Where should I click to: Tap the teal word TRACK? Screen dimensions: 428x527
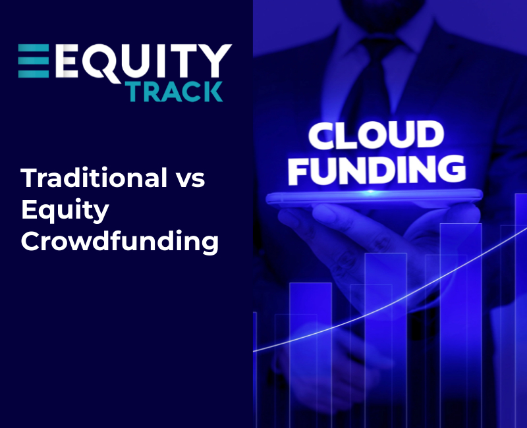pos(174,92)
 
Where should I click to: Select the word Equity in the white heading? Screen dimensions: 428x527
pos(64,211)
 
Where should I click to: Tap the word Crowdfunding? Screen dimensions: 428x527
pos(119,242)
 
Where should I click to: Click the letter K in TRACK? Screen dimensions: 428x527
pos(212,92)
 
